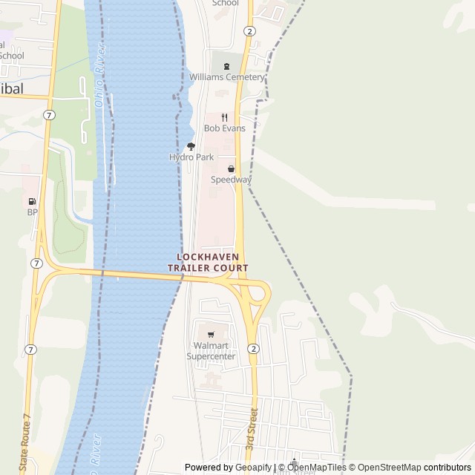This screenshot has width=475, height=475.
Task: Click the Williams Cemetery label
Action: click(x=226, y=77)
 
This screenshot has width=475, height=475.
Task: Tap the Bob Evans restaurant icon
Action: click(x=224, y=117)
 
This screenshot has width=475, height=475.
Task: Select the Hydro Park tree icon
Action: click(x=191, y=146)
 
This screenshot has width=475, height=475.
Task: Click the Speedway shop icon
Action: click(x=231, y=168)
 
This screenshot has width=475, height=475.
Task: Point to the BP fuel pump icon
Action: click(x=32, y=201)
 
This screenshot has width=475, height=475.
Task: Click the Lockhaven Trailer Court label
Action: click(x=208, y=262)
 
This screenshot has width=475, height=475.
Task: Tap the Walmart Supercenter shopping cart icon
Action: click(x=211, y=334)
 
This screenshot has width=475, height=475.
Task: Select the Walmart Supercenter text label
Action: click(x=211, y=351)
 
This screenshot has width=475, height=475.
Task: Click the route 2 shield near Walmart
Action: click(x=253, y=349)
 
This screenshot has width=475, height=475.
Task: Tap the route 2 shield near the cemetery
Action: click(x=249, y=31)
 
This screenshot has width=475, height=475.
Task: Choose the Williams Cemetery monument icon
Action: click(x=226, y=65)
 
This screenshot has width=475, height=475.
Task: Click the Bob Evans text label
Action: click(x=224, y=128)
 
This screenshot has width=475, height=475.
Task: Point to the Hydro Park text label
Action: click(x=191, y=157)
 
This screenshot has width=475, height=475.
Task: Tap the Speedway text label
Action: click(x=231, y=180)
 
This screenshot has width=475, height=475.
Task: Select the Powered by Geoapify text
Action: click(x=228, y=468)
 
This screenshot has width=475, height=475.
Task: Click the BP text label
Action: click(x=32, y=212)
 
